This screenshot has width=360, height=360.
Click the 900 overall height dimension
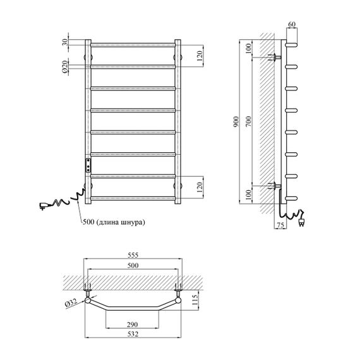coord(237,121)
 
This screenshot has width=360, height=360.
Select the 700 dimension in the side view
coord(249,121)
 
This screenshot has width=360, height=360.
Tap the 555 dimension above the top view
coord(133,255)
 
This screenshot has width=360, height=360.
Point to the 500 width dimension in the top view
coord(133,265)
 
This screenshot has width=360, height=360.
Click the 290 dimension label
coord(133,325)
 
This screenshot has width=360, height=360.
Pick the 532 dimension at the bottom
coord(133,334)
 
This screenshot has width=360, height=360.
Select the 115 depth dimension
coord(195,300)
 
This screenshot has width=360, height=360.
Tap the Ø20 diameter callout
coord(65,67)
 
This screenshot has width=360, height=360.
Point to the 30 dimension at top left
coord(65,42)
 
